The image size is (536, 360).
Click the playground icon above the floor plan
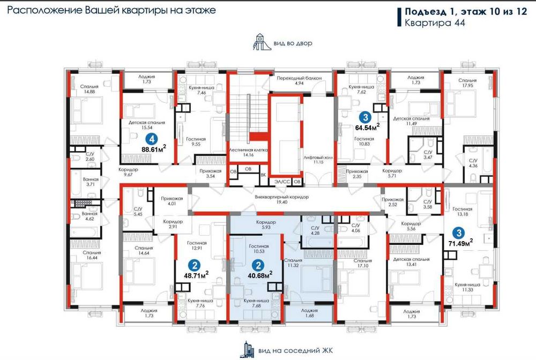pos(259,42)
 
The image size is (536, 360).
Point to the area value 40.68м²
pos(259,274)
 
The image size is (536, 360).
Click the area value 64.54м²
pos(367,127)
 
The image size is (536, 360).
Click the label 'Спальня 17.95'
pos(467,82)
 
